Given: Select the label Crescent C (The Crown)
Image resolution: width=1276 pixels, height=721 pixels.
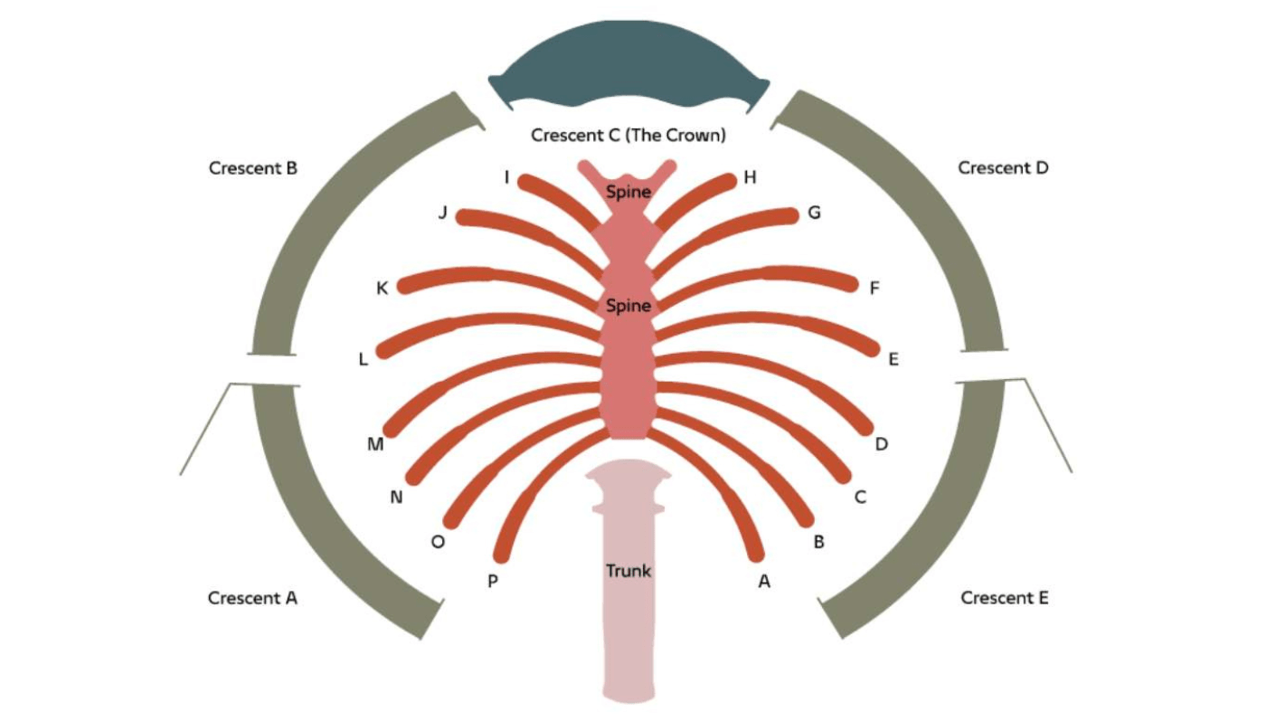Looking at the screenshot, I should coord(629,136).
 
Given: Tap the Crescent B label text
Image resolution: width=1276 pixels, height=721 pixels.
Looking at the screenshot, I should coord(253,168).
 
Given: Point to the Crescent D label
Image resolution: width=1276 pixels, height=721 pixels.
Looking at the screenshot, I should coord(1003,168).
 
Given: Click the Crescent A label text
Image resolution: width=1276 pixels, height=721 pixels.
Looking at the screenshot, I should coord(252,598).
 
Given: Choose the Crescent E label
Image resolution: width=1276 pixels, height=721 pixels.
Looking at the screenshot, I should coord(1005,598).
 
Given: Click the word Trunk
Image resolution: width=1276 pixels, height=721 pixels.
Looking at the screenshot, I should coord(629,571).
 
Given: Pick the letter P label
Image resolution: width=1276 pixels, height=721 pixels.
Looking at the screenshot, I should coord(493,582).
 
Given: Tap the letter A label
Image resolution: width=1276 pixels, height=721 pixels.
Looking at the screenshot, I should coord(764,582).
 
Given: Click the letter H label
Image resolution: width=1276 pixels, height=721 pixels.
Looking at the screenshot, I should coord(750,178).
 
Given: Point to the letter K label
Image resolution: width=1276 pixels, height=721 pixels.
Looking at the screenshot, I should coord(383,289).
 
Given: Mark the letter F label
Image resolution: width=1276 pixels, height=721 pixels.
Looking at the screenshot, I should coord(874,289).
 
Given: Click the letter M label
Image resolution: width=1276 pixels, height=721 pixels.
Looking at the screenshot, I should coord(375,444).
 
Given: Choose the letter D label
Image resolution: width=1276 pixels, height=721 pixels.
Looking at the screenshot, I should coord(882,444).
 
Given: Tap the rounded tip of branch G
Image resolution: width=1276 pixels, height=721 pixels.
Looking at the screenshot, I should coord(790,214).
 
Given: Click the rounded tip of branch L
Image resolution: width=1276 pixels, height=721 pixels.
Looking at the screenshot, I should coord(383,350).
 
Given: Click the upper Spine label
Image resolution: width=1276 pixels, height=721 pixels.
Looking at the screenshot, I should coord(629,192).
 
